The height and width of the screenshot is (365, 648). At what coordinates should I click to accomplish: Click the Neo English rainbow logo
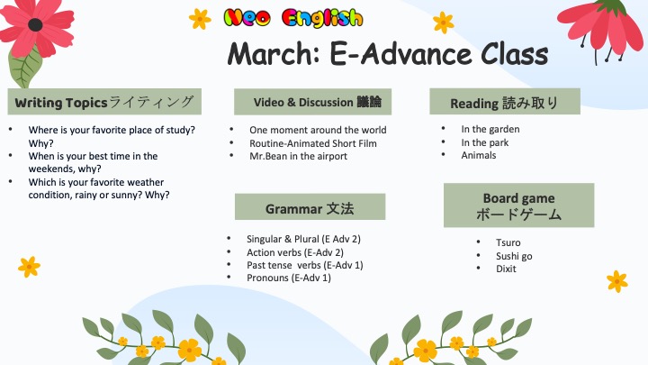click(293, 19)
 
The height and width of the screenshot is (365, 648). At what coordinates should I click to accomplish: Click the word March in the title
click(274, 55)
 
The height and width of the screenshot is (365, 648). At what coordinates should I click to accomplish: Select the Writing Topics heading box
click(104, 101)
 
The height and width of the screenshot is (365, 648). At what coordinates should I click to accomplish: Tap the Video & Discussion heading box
click(312, 102)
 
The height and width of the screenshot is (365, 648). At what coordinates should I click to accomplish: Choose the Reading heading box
click(505, 101)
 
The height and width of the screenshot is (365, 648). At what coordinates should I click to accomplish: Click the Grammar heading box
click(310, 206)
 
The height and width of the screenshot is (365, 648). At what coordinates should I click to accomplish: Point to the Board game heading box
click(518, 205)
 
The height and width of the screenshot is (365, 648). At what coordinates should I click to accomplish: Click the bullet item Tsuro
click(508, 242)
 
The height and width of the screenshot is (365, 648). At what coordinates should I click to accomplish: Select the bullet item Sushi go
click(514, 256)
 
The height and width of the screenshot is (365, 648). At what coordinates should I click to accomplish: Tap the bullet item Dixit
click(506, 269)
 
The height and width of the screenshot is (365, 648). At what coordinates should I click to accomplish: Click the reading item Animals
click(479, 155)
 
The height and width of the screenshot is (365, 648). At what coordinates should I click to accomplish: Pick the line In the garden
click(490, 129)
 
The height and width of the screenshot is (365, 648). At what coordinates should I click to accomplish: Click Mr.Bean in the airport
click(298, 156)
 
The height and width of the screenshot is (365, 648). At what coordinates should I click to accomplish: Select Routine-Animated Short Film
click(313, 143)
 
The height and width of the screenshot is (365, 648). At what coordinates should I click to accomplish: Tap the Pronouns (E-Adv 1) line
click(289, 278)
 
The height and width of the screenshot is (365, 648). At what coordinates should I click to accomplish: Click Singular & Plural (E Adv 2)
click(303, 239)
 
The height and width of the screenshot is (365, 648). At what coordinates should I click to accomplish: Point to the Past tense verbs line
click(304, 265)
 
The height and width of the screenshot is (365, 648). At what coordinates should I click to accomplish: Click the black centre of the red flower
click(35, 25)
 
